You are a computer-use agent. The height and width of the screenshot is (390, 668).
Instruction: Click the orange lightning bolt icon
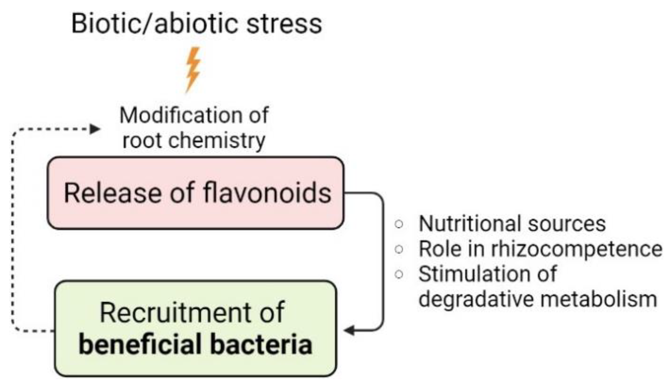pyautogui.click(x=193, y=69)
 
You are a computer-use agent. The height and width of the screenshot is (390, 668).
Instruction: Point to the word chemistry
pyautogui.click(x=216, y=141)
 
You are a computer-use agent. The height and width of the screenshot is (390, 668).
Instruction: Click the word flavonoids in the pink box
pyautogui.click(x=267, y=193)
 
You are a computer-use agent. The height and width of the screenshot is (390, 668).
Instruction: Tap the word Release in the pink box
pyautogui.click(x=113, y=193)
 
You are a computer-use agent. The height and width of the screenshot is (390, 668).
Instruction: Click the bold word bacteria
pyautogui.click(x=261, y=344)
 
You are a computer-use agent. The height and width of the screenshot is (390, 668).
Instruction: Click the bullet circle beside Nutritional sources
pyautogui.click(x=399, y=224)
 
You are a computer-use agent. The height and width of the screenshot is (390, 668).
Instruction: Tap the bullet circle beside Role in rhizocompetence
pyautogui.click(x=399, y=249)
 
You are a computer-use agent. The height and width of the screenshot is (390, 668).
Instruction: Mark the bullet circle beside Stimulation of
pyautogui.click(x=399, y=274)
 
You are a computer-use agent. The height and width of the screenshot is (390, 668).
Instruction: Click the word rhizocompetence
pyautogui.click(x=576, y=249)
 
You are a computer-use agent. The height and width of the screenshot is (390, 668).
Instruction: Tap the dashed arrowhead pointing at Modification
pyautogui.click(x=95, y=129)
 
